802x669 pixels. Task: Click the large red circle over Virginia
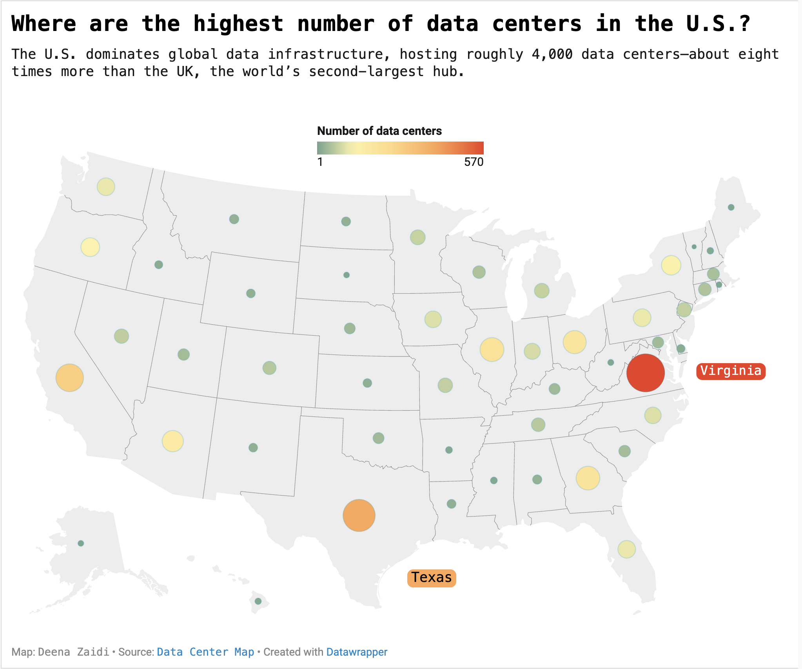645,373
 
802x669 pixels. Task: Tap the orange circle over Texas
359,515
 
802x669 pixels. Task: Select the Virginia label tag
731,371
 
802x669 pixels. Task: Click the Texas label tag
432,578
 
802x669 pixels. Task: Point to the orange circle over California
70,378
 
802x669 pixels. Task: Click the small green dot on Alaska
81,543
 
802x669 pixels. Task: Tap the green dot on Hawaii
258,601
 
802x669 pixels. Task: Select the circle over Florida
626,549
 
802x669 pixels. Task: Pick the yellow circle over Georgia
588,478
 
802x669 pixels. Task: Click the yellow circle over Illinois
492,349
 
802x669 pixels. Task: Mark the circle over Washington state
106,187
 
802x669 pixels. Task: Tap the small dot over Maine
731,207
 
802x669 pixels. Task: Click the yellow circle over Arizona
172,441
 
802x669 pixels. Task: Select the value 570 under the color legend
474,162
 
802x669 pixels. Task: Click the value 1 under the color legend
320,162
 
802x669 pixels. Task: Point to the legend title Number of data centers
379,131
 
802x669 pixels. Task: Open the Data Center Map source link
205,652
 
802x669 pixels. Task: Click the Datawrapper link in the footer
356,652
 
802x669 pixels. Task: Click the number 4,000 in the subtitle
552,54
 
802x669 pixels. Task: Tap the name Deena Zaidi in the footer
74,652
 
